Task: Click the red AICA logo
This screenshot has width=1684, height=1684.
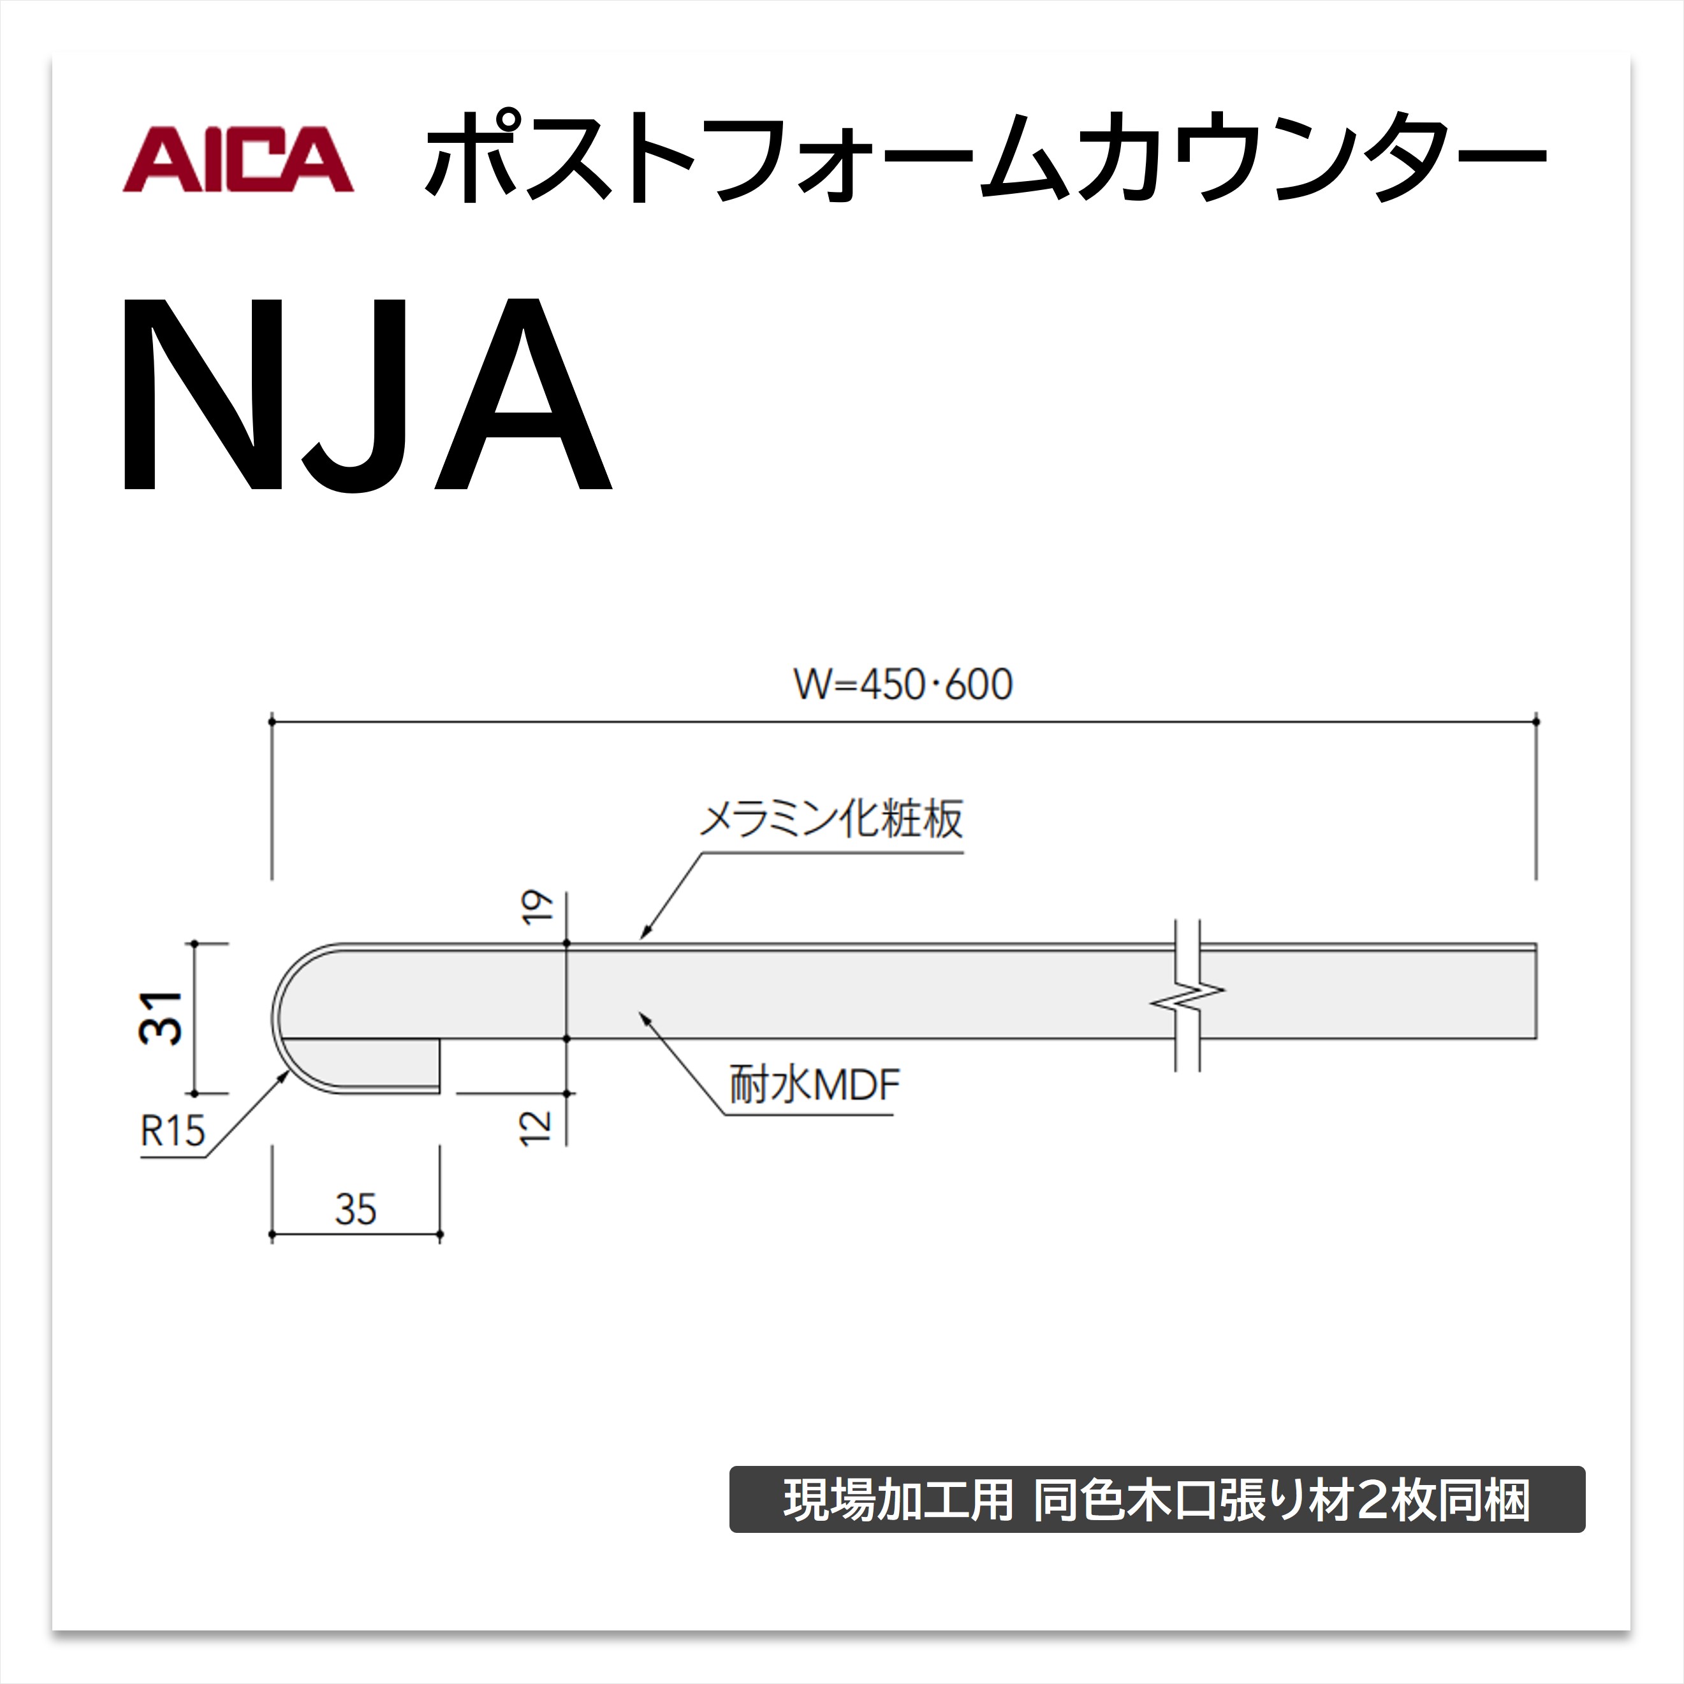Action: coord(238,159)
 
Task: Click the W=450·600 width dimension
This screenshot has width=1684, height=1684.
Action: coord(903,684)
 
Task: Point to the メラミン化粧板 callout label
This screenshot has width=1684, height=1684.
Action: coord(831,819)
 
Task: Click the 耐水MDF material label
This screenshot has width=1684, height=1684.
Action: coord(814,1085)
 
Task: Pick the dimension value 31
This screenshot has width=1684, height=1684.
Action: coord(161,1018)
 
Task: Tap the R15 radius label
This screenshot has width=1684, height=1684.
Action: coord(173,1131)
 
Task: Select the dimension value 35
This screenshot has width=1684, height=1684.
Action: coord(356,1210)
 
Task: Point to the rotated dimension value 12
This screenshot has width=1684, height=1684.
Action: coord(535,1128)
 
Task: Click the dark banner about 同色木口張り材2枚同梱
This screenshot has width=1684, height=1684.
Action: coord(1157,1499)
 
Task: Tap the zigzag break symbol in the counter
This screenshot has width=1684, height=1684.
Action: coord(1187,995)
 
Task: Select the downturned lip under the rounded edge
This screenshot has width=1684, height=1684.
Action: coord(366,1065)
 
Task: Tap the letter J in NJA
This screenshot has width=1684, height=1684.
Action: coord(360,397)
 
